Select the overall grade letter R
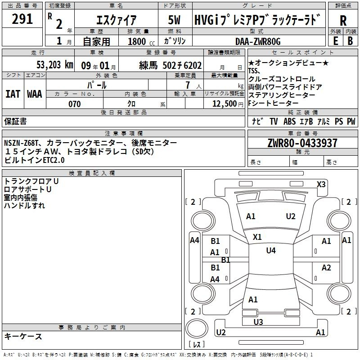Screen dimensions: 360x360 (343, 20)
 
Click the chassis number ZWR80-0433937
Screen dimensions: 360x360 (302, 143)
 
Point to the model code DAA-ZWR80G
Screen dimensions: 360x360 (258, 41)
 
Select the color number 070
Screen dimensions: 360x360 (74, 104)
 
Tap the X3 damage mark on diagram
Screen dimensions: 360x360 (321, 184)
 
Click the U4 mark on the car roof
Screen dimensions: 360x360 (271, 250)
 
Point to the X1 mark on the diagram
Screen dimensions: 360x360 (257, 237)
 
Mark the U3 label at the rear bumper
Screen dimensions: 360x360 (258, 322)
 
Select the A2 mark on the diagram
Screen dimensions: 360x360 (326, 268)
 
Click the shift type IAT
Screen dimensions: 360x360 (13, 94)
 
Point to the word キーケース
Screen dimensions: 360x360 (23, 336)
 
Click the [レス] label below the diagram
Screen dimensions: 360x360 (196, 345)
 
